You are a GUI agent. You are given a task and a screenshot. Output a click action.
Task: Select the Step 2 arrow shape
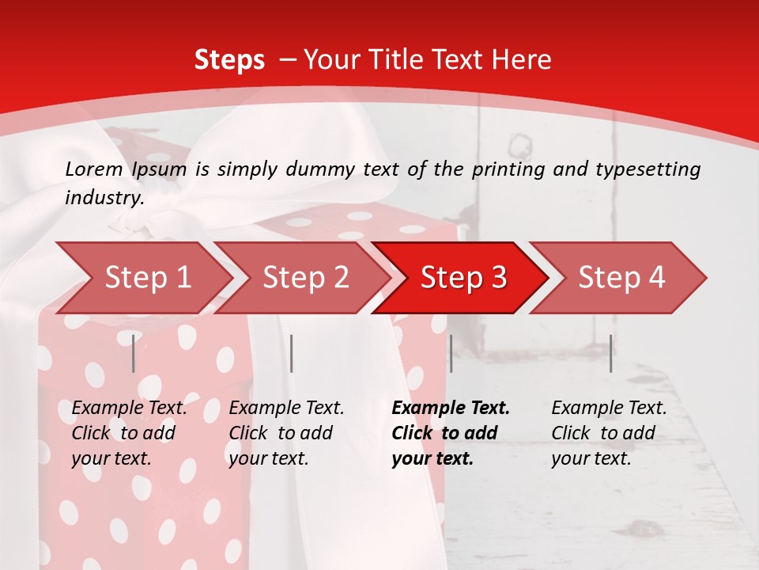coord(305,278)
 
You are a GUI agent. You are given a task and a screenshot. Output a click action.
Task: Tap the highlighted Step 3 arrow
coord(463,278)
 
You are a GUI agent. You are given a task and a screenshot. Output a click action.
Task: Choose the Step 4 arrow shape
coord(621,278)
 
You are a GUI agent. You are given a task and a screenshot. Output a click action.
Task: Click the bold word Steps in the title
coord(229,59)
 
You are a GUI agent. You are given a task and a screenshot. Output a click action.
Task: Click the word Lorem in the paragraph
coord(93,169)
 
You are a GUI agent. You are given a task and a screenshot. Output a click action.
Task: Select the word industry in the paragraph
coord(104,197)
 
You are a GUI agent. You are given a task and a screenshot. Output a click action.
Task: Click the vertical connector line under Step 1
coord(134,353)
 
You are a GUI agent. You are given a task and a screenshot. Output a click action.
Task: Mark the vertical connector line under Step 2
coord(292,353)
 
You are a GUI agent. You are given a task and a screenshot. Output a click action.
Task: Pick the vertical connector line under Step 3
coord(451,353)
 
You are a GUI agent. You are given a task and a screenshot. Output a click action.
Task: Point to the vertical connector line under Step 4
coord(611,353)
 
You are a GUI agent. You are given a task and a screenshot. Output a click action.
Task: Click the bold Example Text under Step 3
coord(451,408)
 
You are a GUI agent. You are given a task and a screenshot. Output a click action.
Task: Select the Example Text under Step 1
coord(129,408)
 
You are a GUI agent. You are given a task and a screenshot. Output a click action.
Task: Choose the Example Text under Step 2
coord(286,408)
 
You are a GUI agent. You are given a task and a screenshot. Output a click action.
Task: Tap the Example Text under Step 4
coord(609,408)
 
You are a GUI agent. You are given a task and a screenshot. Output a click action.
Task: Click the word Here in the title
coord(525,59)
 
